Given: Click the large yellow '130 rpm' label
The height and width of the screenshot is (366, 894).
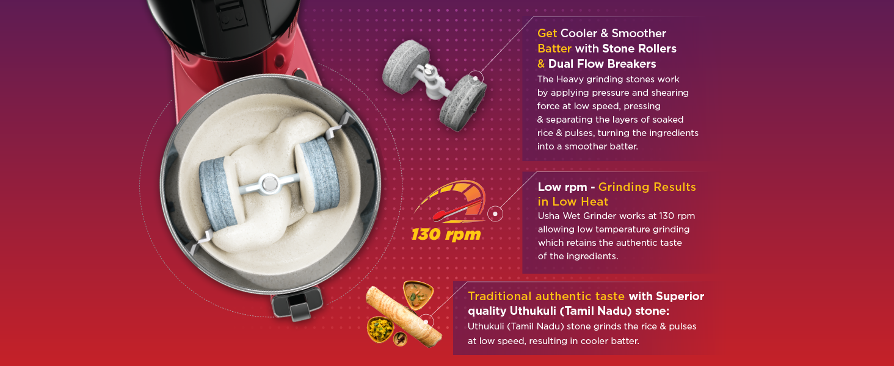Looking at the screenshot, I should pos(446,234).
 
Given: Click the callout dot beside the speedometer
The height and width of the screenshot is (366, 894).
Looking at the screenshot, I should pos(495,213).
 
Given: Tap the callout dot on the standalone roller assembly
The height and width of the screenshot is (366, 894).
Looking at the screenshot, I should pos(476,78).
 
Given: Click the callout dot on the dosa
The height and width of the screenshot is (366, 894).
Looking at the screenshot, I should pos(427,321).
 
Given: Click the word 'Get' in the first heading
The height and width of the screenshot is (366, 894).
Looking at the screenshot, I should pos(547,34).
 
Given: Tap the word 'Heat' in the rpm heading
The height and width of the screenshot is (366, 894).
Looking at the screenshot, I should pos(594,202).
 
